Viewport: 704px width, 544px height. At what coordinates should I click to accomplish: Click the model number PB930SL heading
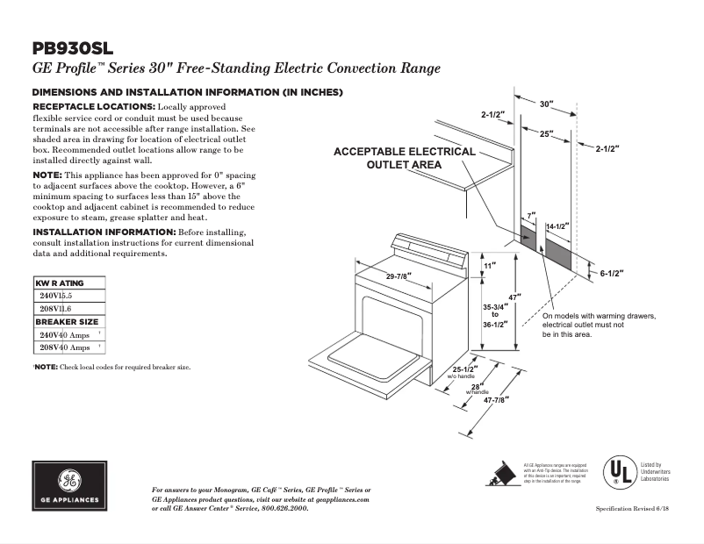pos(73,49)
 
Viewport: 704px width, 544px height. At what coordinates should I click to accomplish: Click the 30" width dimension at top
pos(546,104)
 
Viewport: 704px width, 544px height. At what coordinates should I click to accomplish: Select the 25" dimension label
pos(546,134)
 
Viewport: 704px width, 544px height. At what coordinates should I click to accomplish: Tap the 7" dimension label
pos(531,215)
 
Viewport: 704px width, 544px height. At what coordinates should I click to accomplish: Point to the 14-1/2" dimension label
pos(557,226)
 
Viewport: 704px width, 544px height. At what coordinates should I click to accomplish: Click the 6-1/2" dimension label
pos(611,273)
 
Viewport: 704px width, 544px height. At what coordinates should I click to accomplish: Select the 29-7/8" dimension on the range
pos(399,276)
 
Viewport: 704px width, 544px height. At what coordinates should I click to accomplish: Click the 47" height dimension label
pos(514,297)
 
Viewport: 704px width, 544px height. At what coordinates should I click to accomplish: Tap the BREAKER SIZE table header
pos(67,322)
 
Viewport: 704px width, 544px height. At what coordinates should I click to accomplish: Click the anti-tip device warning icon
pos(501,472)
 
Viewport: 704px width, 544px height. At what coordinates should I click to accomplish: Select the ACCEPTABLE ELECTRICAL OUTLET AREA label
pos(404,158)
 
